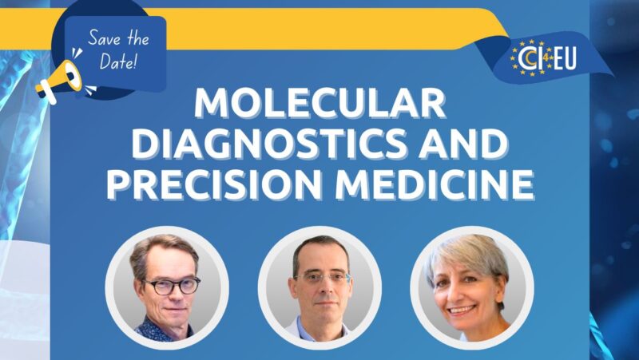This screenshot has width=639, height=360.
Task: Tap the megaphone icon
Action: (x=60, y=77)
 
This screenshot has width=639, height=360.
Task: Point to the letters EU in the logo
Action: (x=563, y=57)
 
